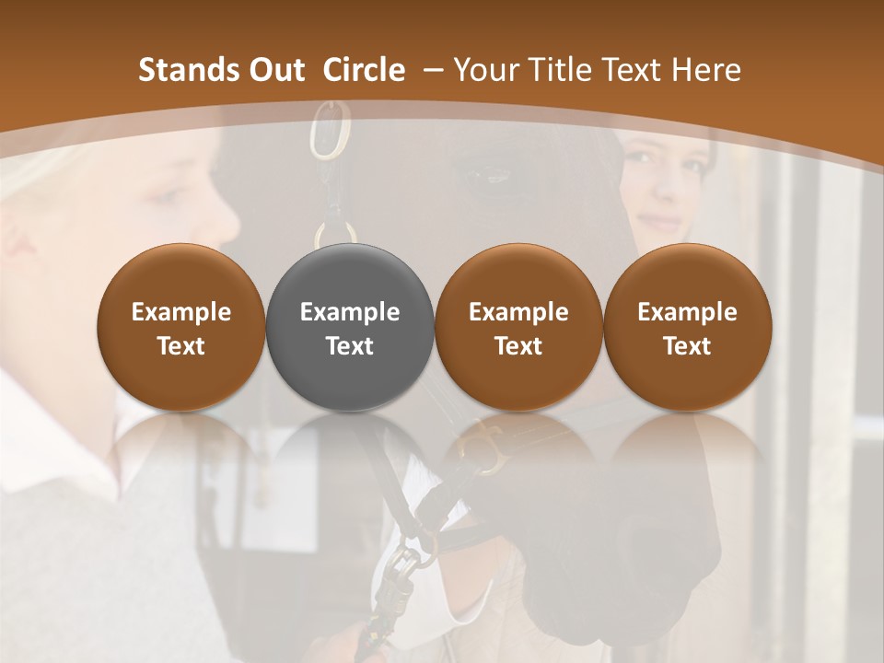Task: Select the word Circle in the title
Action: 364,70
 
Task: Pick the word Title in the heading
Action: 555,70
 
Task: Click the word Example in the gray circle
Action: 350,312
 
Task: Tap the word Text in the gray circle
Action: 350,346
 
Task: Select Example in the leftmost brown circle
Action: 181,312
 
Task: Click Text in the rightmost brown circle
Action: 687,346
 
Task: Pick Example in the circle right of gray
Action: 518,312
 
